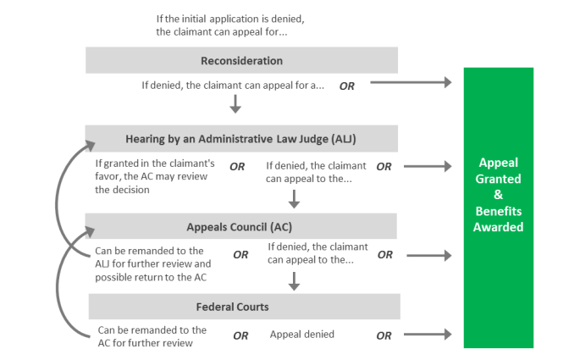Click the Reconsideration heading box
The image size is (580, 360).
pyautogui.click(x=241, y=61)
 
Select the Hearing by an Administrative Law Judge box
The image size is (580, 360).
pyautogui.click(x=241, y=139)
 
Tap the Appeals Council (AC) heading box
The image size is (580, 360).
pyautogui.click(x=241, y=227)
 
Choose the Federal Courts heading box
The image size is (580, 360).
pyautogui.click(x=241, y=307)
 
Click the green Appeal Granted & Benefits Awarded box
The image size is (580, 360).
pyautogui.click(x=499, y=208)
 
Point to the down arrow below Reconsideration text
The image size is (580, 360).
pyautogui.click(x=235, y=104)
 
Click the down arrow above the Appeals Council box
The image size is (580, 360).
pyautogui.click(x=294, y=199)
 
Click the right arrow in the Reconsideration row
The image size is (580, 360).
pyautogui.click(x=411, y=83)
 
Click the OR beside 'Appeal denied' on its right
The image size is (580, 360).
pyautogui.click(x=384, y=335)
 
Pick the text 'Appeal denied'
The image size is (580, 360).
pyautogui.click(x=302, y=335)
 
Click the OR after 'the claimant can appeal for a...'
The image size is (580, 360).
pyautogui.click(x=347, y=86)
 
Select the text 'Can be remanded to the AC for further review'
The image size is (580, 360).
pyautogui.click(x=152, y=336)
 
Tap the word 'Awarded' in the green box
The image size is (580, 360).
pyautogui.click(x=499, y=227)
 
